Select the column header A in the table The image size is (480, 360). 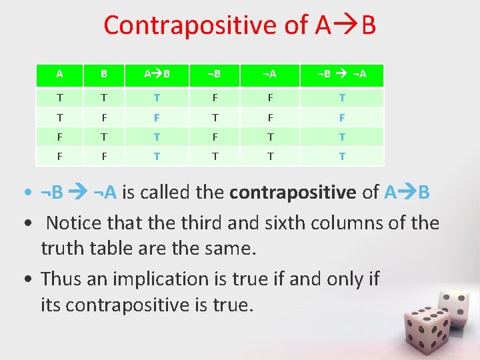(60, 73)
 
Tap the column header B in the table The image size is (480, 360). (103, 73)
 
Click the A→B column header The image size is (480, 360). (157, 73)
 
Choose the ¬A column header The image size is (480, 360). (269, 73)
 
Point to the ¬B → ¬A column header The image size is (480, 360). (342, 73)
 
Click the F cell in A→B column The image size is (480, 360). (157, 117)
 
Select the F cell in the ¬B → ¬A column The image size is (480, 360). (342, 117)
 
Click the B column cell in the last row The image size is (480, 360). (103, 156)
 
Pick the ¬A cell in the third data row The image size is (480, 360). (269, 137)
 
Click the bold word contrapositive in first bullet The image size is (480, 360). (293, 193)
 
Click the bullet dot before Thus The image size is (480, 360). (32, 279)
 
